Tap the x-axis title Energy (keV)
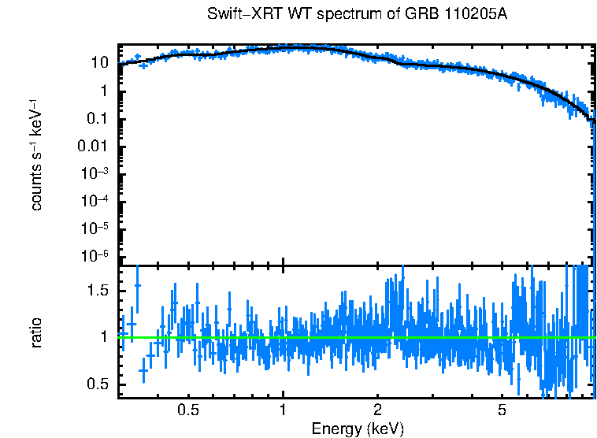pyautogui.click(x=358, y=429)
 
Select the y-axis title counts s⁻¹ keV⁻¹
pyautogui.click(x=36, y=154)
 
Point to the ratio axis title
pyautogui.click(x=36, y=332)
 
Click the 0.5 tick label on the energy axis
pyautogui.click(x=187, y=410)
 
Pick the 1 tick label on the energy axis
pyautogui.click(x=283, y=410)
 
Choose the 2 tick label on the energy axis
pyautogui.click(x=377, y=410)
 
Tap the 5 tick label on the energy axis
pyautogui.click(x=502, y=410)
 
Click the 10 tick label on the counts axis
pyautogui.click(x=99, y=64)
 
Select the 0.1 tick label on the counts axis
pyautogui.click(x=97, y=119)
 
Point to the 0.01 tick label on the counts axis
pyautogui.click(x=94, y=147)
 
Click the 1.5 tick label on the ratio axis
pyautogui.click(x=97, y=291)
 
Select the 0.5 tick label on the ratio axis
pyautogui.click(x=97, y=384)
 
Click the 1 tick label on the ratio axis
pyautogui.click(x=103, y=337)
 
